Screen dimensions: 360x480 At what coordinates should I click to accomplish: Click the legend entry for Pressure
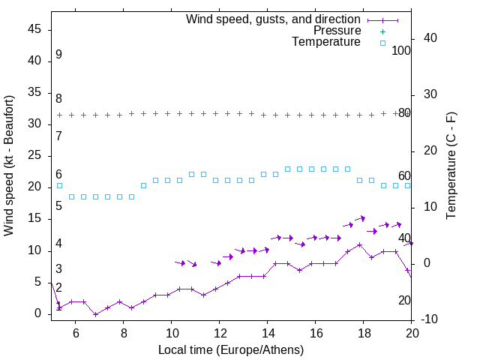pos(337,31)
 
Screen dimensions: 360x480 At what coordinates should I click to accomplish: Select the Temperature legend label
pos(326,42)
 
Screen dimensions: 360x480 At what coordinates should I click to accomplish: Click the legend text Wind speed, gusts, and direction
pos(273,19)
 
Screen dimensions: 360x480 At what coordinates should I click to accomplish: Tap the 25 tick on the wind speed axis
pos(34,155)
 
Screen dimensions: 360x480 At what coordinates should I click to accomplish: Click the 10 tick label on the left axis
pos(34,250)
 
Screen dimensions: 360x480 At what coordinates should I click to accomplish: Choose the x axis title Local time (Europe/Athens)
pos(231,349)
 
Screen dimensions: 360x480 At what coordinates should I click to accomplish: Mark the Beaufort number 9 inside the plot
pos(58,55)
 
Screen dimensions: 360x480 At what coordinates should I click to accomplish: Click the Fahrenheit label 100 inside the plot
pos(402,50)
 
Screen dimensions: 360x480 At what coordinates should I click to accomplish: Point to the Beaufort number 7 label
pos(58,136)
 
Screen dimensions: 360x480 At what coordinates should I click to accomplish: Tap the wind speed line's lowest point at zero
pos(95,314)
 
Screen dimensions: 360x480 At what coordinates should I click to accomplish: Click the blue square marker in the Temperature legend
pos(381,43)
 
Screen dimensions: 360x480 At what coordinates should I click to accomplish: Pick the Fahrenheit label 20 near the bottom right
pos(404,300)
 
